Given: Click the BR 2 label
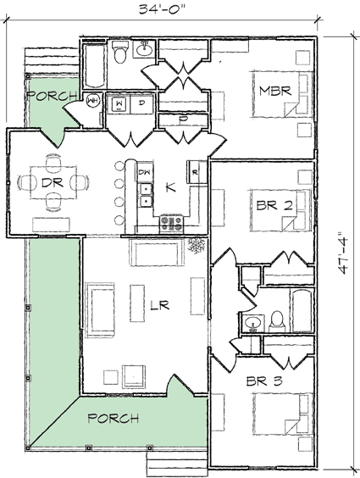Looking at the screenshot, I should (x=274, y=205).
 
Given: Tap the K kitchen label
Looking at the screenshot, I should (x=170, y=188).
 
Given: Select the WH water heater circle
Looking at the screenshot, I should (x=92, y=102).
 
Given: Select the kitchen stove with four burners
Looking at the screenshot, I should (x=172, y=224).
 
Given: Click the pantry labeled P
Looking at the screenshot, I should (x=182, y=120).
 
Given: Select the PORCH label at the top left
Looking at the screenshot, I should (x=53, y=97).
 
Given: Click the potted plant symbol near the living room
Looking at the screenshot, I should (x=197, y=247).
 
